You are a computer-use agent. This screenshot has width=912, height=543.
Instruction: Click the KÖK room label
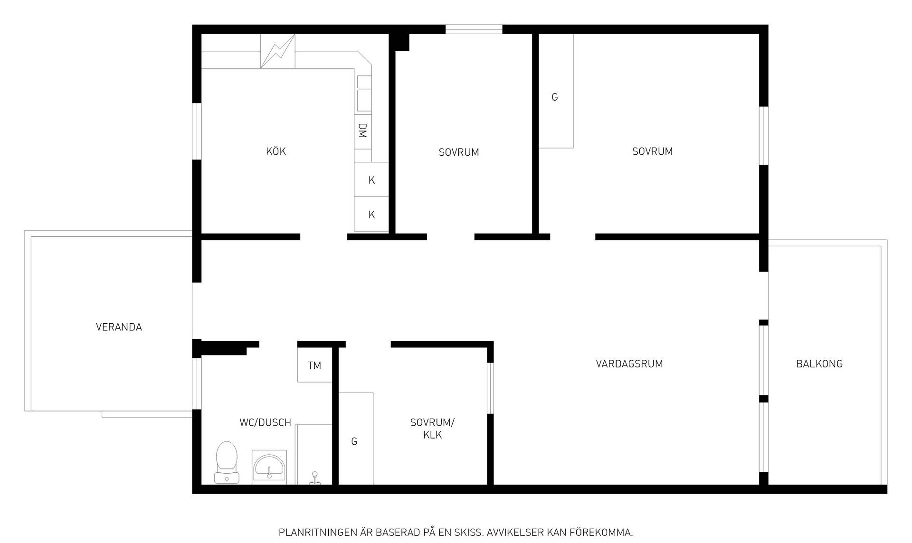click(276, 151)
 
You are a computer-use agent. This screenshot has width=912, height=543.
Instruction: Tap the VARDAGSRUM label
click(629, 364)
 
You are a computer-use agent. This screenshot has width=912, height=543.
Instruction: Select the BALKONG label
click(819, 364)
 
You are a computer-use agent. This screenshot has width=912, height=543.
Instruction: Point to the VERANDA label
click(119, 327)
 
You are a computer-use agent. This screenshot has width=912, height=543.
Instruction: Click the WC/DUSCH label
click(265, 422)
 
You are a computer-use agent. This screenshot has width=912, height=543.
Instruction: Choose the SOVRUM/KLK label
click(432, 429)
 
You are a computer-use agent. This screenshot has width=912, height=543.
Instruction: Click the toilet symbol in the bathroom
click(226, 462)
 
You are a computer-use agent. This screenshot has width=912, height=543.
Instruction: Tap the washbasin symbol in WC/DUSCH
click(269, 467)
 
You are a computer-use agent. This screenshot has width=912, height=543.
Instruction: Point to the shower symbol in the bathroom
click(314, 478)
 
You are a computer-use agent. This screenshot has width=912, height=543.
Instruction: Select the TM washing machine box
click(314, 365)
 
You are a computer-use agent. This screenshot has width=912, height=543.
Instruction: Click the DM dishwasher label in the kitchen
click(362, 131)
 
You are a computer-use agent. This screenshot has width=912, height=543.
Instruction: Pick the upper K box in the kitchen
click(371, 180)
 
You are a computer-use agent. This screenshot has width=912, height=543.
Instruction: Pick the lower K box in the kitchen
click(371, 215)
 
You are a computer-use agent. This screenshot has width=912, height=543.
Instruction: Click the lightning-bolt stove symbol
click(277, 51)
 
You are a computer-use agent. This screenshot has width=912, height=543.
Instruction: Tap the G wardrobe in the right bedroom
click(556, 91)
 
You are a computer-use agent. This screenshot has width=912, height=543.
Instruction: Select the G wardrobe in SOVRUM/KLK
click(356, 439)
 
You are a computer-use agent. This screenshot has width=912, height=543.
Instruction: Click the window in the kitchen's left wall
click(197, 131)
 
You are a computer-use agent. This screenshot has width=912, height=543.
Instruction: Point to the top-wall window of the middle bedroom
click(474, 29)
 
